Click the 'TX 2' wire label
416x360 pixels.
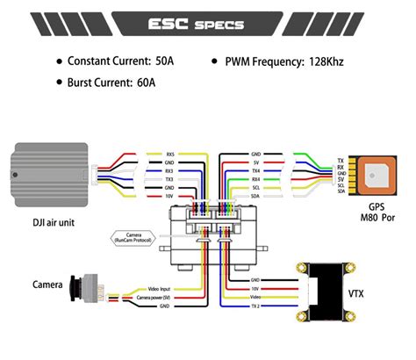(255, 306)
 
